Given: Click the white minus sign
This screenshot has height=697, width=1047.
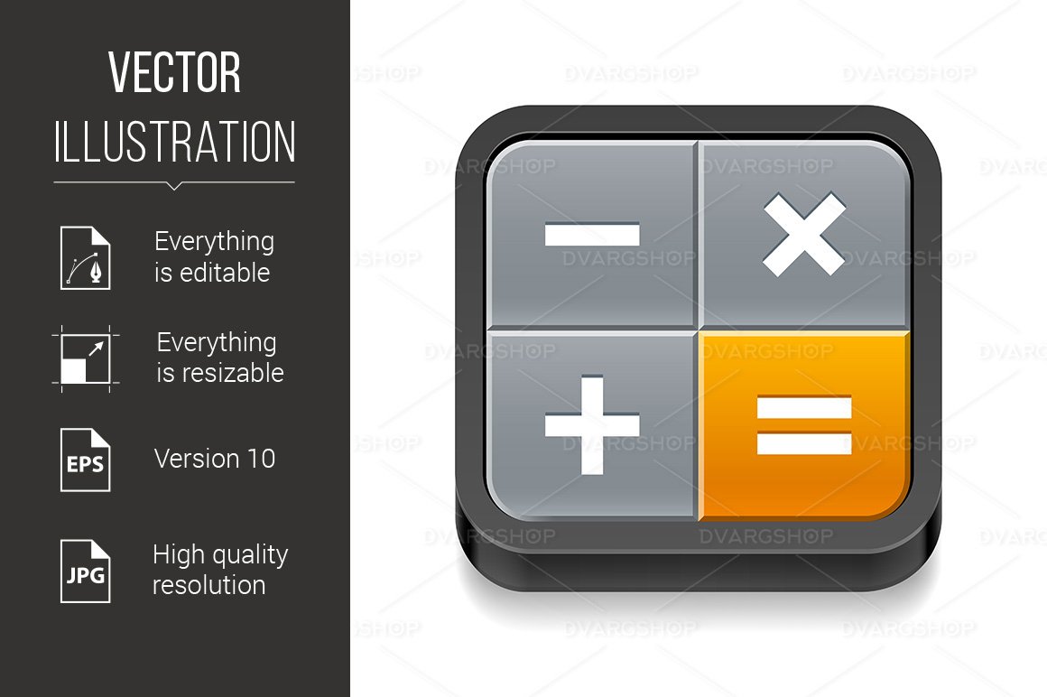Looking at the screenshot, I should [x=592, y=236].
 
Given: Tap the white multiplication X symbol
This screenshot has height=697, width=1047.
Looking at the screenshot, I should [x=804, y=235].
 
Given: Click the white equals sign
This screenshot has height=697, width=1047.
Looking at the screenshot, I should [x=804, y=425].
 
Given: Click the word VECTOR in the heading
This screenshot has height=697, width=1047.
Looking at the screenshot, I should [x=174, y=74].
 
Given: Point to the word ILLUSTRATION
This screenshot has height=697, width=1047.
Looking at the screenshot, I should [x=174, y=142].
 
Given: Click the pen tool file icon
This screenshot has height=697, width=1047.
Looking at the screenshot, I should [x=85, y=257].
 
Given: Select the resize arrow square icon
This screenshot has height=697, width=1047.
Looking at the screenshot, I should [x=85, y=358].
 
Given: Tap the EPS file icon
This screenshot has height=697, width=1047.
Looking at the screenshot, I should [x=85, y=460].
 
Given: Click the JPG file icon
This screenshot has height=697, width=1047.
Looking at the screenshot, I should [x=85, y=571].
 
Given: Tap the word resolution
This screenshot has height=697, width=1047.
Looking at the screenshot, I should [x=208, y=585].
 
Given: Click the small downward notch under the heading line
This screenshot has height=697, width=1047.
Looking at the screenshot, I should [x=174, y=186].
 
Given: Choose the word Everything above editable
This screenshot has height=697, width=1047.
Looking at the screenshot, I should [x=214, y=242].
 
